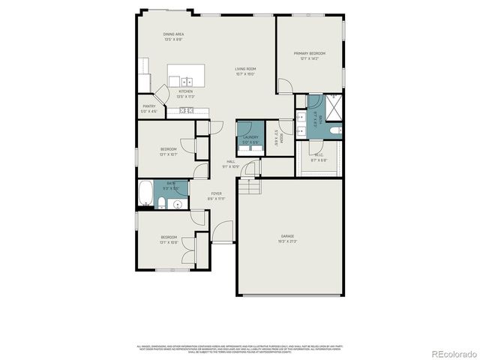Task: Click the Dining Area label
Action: click(174, 35)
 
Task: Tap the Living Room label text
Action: click(245, 71)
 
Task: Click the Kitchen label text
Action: click(185, 94)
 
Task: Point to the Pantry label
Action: click(149, 109)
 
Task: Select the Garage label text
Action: click(287, 239)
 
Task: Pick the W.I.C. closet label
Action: click(319, 157)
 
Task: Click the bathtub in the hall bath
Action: click(145, 194)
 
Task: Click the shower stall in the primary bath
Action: click(334, 106)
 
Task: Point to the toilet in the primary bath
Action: click(337, 132)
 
